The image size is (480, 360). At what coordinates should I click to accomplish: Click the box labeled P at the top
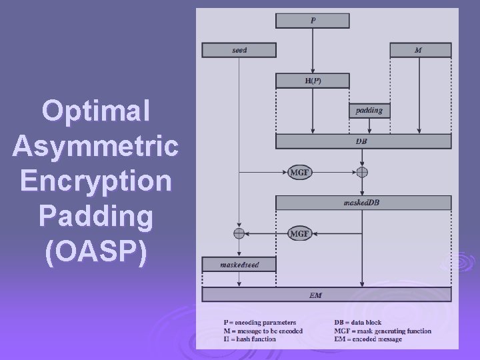point(312,21)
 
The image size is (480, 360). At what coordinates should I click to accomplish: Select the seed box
point(239,50)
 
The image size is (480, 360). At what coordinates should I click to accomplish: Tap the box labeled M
point(420,50)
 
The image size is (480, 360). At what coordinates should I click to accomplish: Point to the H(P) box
point(312,81)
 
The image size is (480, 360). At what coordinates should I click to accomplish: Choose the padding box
point(369,111)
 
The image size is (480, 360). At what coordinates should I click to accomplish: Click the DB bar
point(363,141)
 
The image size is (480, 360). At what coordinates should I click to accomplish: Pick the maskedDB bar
point(363,203)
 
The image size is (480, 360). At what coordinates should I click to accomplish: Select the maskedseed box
point(239,265)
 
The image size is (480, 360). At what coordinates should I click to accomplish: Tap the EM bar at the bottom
point(326,295)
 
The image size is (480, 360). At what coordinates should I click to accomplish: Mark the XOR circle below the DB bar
point(362,172)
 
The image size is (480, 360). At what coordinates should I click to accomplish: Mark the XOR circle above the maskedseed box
point(239,233)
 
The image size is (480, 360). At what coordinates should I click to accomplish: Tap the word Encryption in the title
point(95,181)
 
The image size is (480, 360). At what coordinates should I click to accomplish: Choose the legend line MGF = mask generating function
point(383,331)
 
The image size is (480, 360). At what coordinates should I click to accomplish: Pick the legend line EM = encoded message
point(368,339)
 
